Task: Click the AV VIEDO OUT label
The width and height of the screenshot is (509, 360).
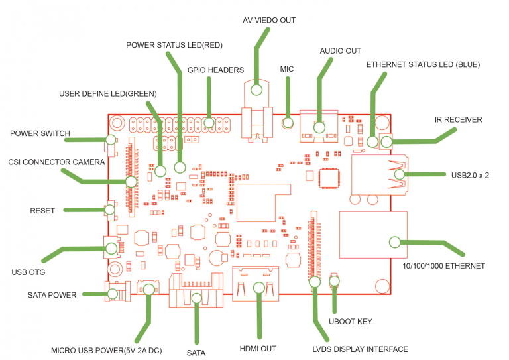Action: pyautogui.click(x=269, y=21)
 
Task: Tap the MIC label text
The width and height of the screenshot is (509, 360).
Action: pyautogui.click(x=287, y=68)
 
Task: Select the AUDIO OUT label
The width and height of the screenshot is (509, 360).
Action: pyautogui.click(x=341, y=50)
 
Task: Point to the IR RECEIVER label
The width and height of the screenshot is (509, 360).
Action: pyautogui.click(x=459, y=120)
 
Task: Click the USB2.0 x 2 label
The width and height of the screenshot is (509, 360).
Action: pyautogui.click(x=470, y=175)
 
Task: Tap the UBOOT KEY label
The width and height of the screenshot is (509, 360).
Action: pyautogui.click(x=351, y=322)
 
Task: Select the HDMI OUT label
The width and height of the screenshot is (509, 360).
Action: pyautogui.click(x=258, y=348)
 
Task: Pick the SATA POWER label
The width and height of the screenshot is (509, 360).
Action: pyautogui.click(x=52, y=294)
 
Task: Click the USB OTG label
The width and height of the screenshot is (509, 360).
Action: pyautogui.click(x=28, y=272)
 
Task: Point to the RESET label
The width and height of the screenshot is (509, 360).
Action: pyautogui.click(x=42, y=211)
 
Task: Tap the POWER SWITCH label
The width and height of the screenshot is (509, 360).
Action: pyautogui.click(x=40, y=133)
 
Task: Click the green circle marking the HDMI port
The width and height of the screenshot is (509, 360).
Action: pyautogui.click(x=259, y=288)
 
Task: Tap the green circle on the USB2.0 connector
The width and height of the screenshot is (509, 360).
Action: pyautogui.click(x=399, y=174)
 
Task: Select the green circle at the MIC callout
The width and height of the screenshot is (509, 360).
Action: pyautogui.click(x=288, y=122)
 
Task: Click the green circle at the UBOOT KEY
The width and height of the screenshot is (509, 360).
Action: pyautogui.click(x=335, y=281)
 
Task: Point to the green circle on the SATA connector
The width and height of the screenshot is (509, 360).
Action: pyautogui.click(x=196, y=298)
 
